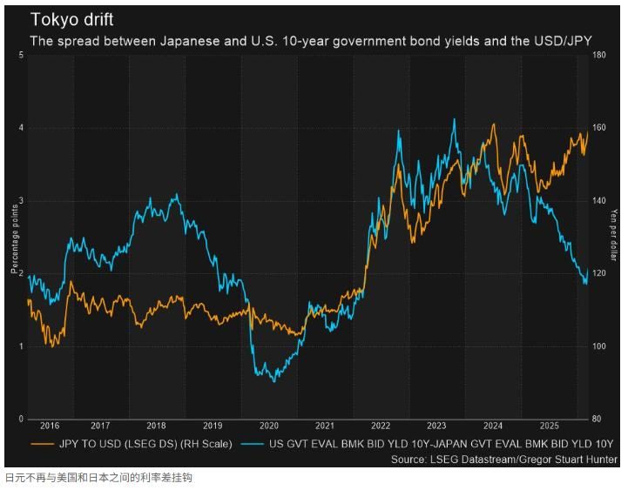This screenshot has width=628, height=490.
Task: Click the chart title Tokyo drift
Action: [x=71, y=19]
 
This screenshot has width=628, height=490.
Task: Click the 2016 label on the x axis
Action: [x=49, y=426]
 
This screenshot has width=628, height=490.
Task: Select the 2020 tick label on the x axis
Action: [x=270, y=426]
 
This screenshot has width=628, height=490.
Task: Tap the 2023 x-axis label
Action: [x=436, y=426]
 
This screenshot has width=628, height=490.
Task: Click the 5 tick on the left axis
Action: [x=20, y=56]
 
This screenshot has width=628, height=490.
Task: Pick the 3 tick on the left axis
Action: [x=20, y=201]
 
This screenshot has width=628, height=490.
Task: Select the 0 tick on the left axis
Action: [x=20, y=419]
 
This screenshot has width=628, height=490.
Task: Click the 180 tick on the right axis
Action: [x=599, y=56]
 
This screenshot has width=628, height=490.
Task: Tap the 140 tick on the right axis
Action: [x=599, y=201]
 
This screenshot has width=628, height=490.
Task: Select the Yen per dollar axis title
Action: [x=614, y=237]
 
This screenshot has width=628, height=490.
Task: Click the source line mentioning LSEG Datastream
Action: [x=503, y=459]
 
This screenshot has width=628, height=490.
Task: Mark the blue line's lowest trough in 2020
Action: [x=274, y=381]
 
